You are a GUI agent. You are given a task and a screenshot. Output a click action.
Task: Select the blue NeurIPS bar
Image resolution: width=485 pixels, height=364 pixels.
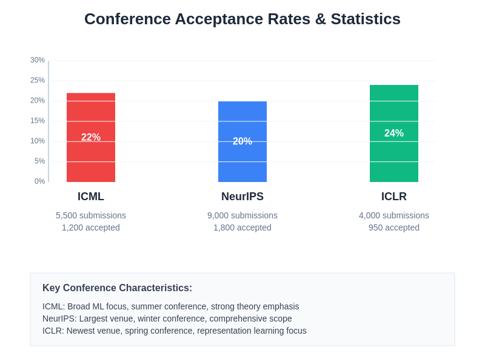pos(242,164)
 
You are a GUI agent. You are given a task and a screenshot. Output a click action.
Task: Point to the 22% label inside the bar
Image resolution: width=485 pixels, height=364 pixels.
pos(91,138)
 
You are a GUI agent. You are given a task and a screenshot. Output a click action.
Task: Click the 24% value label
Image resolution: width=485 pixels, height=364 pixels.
pos(394,133)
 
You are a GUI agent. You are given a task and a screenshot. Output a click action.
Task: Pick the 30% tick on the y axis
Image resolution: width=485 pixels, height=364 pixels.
pos(38,60)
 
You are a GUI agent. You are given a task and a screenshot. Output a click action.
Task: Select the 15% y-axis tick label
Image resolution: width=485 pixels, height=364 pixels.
pos(38,121)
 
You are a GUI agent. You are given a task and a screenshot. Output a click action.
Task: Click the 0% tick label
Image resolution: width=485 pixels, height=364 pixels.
pos(39,181)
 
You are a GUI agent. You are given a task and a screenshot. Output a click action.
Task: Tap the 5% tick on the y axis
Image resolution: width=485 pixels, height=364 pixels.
pos(39,161)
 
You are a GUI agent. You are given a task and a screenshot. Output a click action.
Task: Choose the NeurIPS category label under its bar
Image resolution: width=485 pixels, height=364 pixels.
pos(242,197)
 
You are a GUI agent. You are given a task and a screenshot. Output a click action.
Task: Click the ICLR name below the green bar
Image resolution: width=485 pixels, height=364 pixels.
pos(394,197)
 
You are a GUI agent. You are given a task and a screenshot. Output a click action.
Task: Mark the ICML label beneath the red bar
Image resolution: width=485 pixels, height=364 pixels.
pos(91,197)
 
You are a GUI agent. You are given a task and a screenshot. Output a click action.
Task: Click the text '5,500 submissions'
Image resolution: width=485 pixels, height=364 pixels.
pos(91,215)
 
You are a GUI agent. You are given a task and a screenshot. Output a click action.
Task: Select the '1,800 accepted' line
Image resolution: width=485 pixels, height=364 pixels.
pos(242,227)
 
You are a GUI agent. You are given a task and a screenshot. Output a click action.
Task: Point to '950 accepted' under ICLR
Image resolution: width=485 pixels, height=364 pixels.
pos(394,227)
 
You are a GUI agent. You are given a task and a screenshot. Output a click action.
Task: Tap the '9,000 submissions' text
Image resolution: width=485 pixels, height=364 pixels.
pos(242,215)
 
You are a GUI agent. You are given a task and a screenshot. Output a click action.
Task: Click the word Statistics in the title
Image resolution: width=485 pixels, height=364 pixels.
pos(366,19)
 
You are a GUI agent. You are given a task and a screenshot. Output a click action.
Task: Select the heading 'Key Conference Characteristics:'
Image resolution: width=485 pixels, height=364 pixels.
pos(117,288)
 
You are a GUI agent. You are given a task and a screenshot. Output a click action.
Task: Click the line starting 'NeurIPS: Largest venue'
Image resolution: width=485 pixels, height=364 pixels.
pos(167,318)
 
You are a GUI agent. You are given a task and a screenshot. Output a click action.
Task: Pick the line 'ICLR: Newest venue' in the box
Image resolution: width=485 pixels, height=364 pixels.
pos(174,331)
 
